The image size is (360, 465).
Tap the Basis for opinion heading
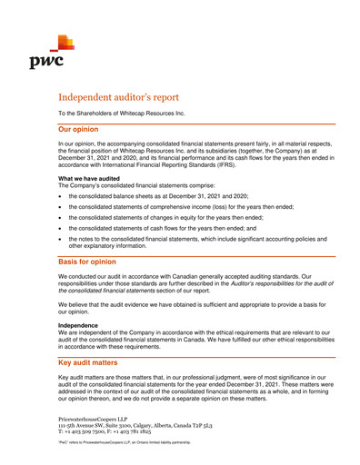pos(95,262)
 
